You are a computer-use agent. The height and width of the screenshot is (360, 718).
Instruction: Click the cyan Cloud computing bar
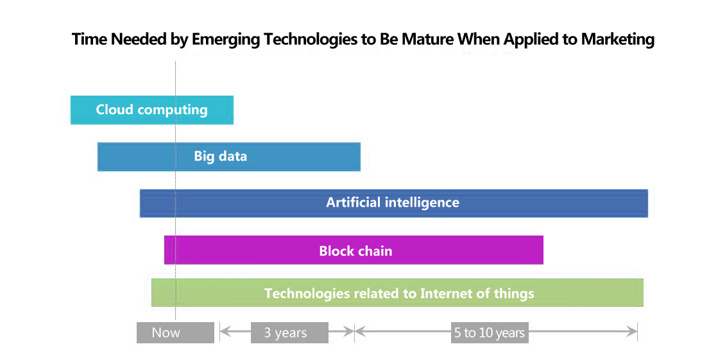click(152, 110)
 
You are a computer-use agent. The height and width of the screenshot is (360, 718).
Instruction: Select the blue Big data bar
click(229, 157)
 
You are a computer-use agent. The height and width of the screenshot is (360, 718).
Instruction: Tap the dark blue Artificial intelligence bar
click(394, 203)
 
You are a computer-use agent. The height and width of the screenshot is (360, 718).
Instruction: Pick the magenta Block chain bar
click(354, 250)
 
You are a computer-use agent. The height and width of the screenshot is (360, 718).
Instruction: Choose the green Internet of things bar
click(397, 293)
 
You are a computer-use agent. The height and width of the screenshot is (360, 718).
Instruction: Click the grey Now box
click(175, 332)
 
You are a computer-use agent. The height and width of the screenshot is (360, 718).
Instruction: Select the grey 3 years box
click(289, 332)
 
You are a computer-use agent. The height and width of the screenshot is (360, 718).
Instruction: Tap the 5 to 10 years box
click(490, 332)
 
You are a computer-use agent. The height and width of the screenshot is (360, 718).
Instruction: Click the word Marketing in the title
click(618, 40)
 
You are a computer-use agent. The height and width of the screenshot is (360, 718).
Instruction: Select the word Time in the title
click(90, 39)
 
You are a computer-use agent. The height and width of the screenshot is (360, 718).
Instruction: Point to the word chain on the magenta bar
click(375, 251)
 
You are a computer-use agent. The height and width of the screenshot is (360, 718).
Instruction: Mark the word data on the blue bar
click(233, 156)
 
